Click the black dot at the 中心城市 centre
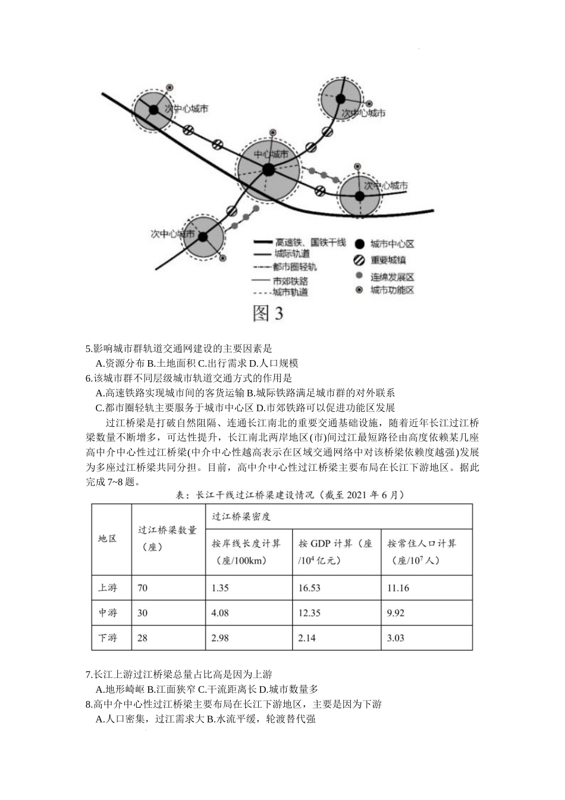coord(268,170)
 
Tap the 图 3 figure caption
coord(268,313)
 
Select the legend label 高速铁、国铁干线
coord(310,243)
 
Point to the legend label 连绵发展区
coord(392,277)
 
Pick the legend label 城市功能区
coord(392,290)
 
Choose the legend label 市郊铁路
coord(290,280)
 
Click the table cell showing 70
coord(143,588)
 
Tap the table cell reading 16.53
coord(309,588)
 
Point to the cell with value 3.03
coord(395,638)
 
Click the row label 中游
coord(108,613)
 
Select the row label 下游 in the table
coord(108,638)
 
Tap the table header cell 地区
coord(108,539)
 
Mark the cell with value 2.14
coord(307,638)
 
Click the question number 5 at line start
coord(89,349)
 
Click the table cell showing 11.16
coord(398,588)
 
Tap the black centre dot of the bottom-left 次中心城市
coord(203,236)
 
